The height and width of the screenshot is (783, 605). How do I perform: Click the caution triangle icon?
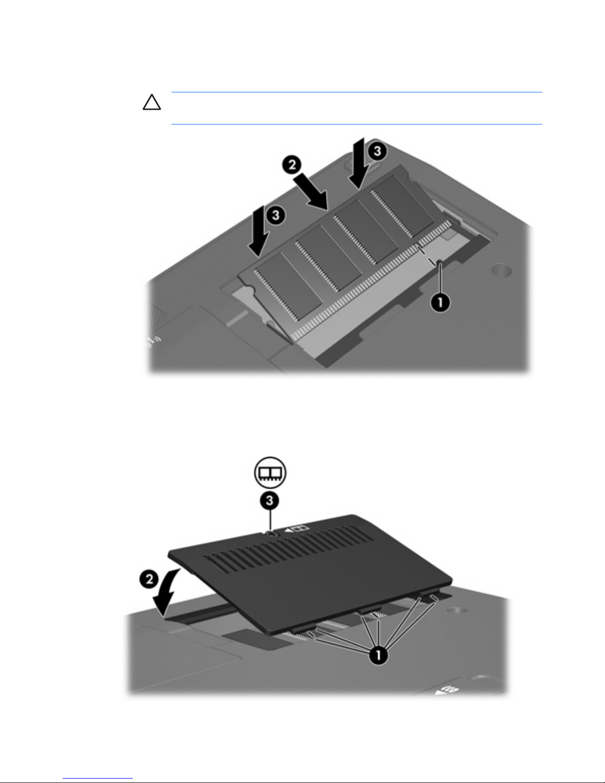click(x=152, y=102)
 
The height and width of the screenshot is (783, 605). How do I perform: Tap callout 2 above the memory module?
click(x=292, y=165)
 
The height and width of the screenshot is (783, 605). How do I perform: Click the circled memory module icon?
click(x=270, y=472)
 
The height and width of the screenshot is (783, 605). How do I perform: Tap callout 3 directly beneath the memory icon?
click(x=270, y=500)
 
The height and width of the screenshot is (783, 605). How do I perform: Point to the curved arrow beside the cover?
click(x=165, y=592)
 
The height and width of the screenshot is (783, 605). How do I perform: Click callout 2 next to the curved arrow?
click(x=149, y=579)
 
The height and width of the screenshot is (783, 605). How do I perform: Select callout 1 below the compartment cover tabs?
click(x=378, y=655)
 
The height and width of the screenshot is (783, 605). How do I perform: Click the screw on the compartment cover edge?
click(x=271, y=534)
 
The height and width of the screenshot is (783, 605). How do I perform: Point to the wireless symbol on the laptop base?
click(x=153, y=341)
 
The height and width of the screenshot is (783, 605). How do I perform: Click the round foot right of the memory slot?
click(x=502, y=269)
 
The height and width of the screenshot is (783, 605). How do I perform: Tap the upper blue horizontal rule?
click(x=357, y=92)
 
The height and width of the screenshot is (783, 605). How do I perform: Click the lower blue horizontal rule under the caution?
click(x=357, y=124)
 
